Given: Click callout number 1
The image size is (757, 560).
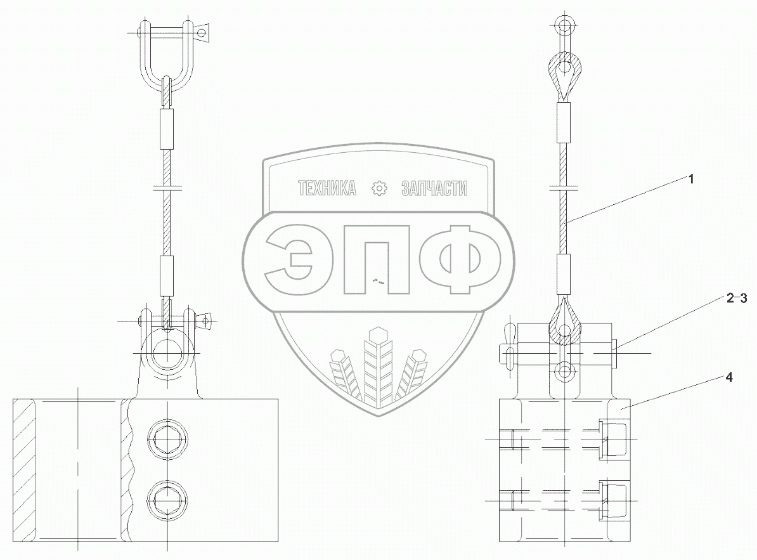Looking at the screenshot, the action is coord(690,179).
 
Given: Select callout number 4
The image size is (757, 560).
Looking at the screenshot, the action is coord(729,377).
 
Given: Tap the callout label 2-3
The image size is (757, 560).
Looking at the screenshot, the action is coord(737,298).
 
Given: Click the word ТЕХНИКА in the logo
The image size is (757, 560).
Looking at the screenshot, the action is coord(327,188).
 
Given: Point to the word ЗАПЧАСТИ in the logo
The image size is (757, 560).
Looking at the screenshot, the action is coord(434,188).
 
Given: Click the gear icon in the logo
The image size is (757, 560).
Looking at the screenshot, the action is coord(380,188).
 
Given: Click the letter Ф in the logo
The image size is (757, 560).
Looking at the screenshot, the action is coord(460,260).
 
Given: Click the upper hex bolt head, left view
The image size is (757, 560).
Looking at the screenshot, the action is coord(167,440).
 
